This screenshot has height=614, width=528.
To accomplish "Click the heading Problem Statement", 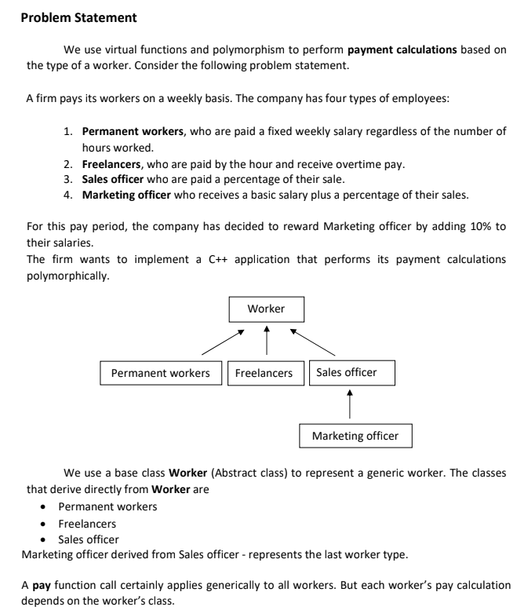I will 78,17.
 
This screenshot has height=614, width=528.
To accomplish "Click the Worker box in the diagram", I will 266,309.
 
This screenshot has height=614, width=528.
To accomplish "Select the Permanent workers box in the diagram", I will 161,373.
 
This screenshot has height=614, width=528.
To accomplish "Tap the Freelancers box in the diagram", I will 265,373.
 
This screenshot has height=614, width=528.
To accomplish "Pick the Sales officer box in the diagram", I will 351,372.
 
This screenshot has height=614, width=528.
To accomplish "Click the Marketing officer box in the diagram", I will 355,435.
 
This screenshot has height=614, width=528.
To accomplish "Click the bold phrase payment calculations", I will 402,49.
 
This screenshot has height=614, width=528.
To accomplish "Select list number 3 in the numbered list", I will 68,179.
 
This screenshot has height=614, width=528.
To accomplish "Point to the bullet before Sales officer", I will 44,539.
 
